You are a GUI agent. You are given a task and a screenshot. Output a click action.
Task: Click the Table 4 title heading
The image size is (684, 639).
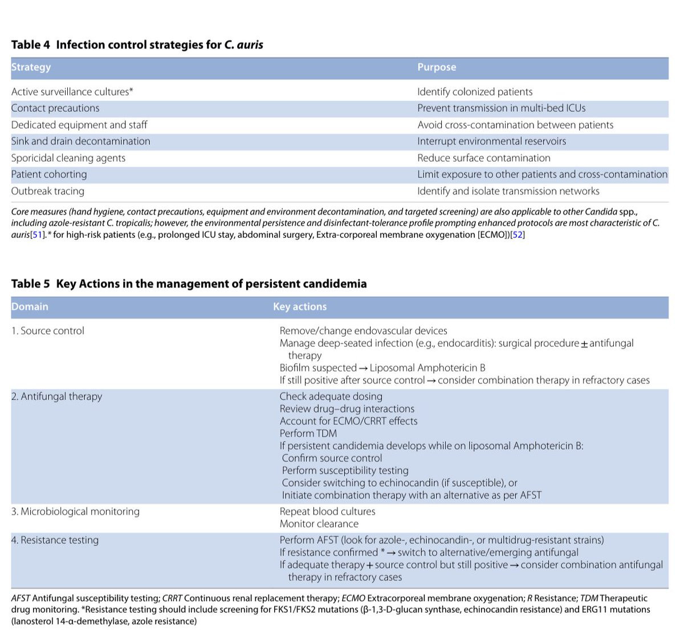click(x=137, y=45)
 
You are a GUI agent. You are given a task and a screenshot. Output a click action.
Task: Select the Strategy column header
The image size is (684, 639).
click(x=31, y=67)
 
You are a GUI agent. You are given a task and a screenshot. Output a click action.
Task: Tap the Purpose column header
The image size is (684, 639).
click(x=437, y=67)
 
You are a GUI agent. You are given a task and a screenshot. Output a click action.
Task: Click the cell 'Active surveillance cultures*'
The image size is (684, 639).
click(x=72, y=92)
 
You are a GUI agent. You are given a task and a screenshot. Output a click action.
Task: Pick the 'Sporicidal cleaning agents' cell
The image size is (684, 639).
click(x=68, y=158)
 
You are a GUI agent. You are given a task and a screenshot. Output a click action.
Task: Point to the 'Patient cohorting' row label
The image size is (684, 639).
click(x=49, y=175)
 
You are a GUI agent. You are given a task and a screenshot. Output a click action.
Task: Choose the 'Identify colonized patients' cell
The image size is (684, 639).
click(x=475, y=92)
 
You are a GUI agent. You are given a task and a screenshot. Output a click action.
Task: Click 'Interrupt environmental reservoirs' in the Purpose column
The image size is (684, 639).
click(x=491, y=141)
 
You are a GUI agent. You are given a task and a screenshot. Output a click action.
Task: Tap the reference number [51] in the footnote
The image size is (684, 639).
click(x=38, y=235)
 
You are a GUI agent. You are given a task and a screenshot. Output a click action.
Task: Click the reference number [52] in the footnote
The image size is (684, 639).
click(x=518, y=235)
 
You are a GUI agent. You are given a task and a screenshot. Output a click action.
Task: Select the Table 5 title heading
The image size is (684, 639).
click(x=189, y=284)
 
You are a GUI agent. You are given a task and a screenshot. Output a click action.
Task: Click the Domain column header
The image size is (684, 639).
click(x=30, y=307)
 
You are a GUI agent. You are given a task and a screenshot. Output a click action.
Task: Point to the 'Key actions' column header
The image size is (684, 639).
click(x=300, y=307)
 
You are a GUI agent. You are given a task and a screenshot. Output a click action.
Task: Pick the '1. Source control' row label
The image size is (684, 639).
click(x=48, y=331)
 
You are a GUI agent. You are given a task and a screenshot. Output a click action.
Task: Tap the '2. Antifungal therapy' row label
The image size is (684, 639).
click(x=56, y=397)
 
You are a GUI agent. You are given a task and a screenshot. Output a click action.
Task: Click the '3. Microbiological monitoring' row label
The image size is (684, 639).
click(x=75, y=512)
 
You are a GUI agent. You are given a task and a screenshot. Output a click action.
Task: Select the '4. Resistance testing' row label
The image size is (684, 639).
click(x=55, y=540)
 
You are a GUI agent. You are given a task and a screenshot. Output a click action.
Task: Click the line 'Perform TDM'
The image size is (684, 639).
click(x=308, y=434)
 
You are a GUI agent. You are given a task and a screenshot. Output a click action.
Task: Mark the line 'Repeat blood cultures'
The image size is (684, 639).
click(x=327, y=512)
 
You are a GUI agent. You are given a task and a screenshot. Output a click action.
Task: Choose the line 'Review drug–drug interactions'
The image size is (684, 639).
click(x=347, y=409)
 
